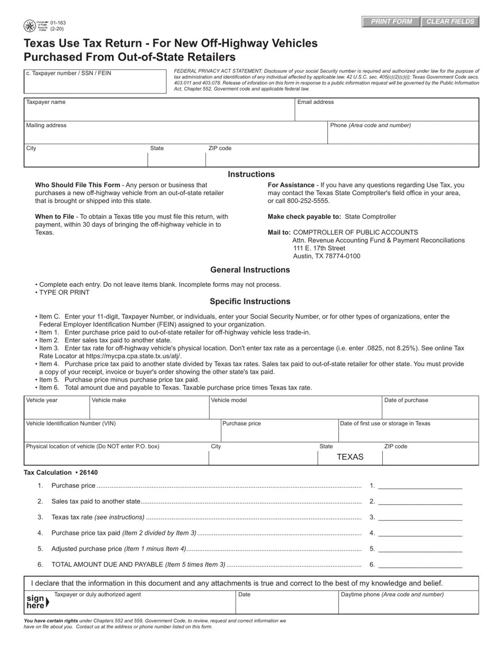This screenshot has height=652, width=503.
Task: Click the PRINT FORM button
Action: pyautogui.click(x=391, y=22)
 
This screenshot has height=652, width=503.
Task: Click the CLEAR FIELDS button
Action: pyautogui.click(x=450, y=22)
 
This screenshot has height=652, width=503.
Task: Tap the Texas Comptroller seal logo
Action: pyautogui.click(x=30, y=26)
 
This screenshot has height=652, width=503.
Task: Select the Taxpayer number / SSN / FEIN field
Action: pyautogui.click(x=95, y=84)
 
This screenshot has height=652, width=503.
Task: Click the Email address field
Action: pyautogui.click(x=387, y=112)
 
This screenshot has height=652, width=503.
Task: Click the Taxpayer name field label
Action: pyautogui.click(x=46, y=102)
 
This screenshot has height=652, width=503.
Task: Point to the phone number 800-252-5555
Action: pyautogui.click(x=308, y=201)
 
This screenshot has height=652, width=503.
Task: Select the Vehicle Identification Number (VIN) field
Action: pyautogui.click(x=122, y=434)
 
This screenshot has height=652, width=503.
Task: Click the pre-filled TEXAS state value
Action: pyautogui.click(x=350, y=457)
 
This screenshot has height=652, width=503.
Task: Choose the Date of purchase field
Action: pyautogui.click(x=430, y=410)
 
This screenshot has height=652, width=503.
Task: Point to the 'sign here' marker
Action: pyautogui.click(x=37, y=602)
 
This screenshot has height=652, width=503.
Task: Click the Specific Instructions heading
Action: pyautogui.click(x=250, y=302)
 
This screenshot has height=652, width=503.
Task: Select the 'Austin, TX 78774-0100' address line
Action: pyautogui.click(x=327, y=256)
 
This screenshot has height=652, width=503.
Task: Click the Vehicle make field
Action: pyautogui.click(x=149, y=410)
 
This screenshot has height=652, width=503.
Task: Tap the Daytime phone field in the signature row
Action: pyautogui.click(x=408, y=605)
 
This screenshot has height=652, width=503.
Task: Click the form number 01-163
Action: pyautogui.click(x=58, y=23)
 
